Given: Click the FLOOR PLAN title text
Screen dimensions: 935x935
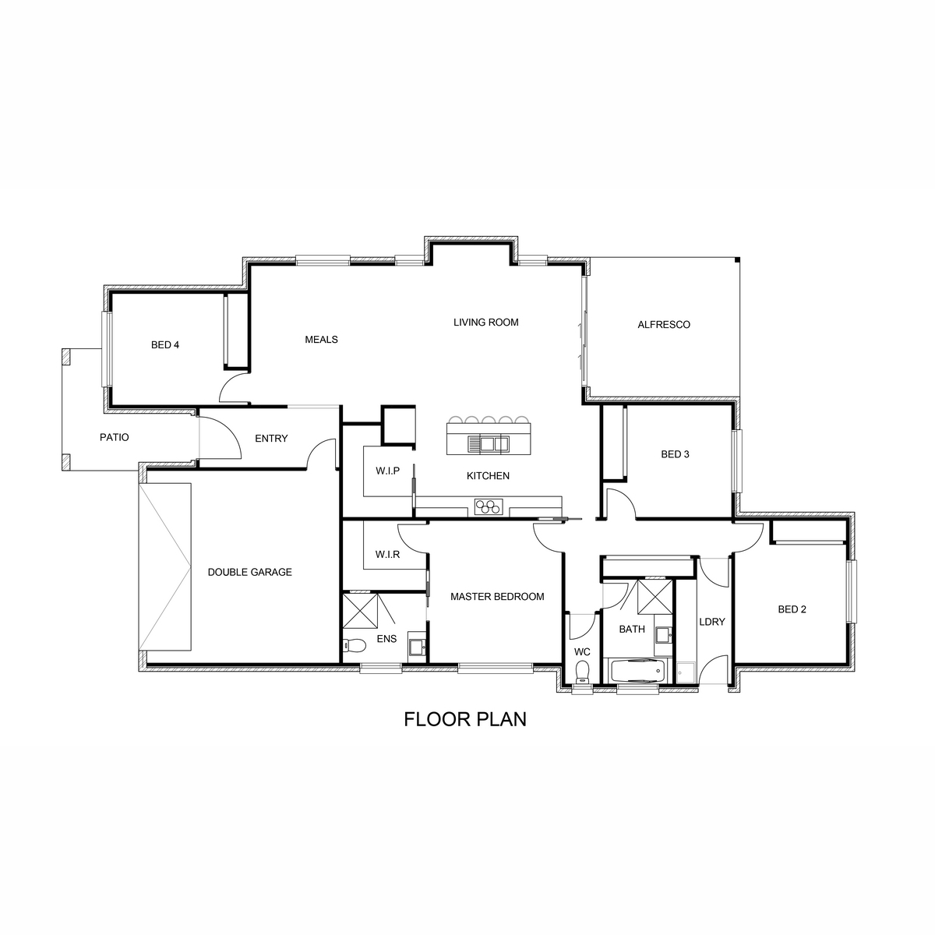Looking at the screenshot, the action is (x=465, y=719).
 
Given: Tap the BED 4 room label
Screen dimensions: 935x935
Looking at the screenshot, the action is (x=165, y=345).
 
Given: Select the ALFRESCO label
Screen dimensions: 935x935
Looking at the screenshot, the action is (x=664, y=325).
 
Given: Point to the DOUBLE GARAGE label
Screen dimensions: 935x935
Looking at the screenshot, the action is (x=250, y=572).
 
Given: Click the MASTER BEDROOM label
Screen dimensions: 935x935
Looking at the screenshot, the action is (x=497, y=596).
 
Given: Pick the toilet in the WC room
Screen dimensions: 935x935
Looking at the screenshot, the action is (x=582, y=672).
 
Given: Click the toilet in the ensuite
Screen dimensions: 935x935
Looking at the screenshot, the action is (x=355, y=645).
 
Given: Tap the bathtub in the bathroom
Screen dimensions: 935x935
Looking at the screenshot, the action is (x=637, y=672).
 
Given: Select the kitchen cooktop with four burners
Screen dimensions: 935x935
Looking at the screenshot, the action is (x=489, y=506).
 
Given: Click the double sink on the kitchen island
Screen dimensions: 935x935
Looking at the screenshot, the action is (x=489, y=443).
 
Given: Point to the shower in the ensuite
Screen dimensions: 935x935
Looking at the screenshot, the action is (x=360, y=611).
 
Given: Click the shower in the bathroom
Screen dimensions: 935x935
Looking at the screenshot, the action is (x=655, y=597).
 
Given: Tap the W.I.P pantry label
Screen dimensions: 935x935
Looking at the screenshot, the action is (x=388, y=471).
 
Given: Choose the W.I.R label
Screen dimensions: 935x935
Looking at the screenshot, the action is (x=388, y=554).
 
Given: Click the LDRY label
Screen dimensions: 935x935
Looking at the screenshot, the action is (x=712, y=622).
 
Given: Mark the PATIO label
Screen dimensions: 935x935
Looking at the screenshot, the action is (x=115, y=437).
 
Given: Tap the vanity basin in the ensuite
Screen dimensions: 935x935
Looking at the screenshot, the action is (x=417, y=647).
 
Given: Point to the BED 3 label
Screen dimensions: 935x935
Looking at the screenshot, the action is (x=675, y=454).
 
